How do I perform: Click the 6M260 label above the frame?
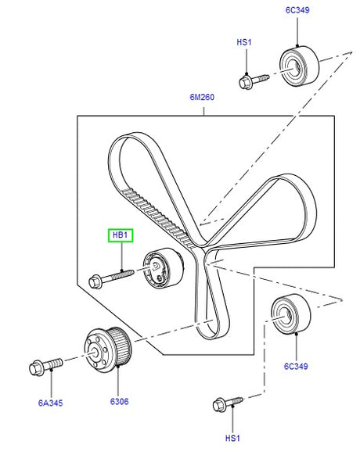click(202, 97)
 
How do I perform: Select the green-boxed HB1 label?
click(121, 235)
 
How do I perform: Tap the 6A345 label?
click(50, 403)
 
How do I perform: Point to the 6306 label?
click(119, 402)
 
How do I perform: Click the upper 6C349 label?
click(297, 10)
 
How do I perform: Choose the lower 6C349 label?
click(296, 366)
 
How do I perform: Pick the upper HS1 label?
click(243, 42)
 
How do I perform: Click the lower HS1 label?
click(232, 438)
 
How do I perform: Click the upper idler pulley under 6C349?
click(299, 66)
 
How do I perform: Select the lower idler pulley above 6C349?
click(291, 313)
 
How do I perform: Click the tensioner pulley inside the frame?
click(164, 268)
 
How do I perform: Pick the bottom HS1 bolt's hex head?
click(219, 405)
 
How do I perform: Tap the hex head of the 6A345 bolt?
click(37, 368)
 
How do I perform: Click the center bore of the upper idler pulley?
click(294, 68)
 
